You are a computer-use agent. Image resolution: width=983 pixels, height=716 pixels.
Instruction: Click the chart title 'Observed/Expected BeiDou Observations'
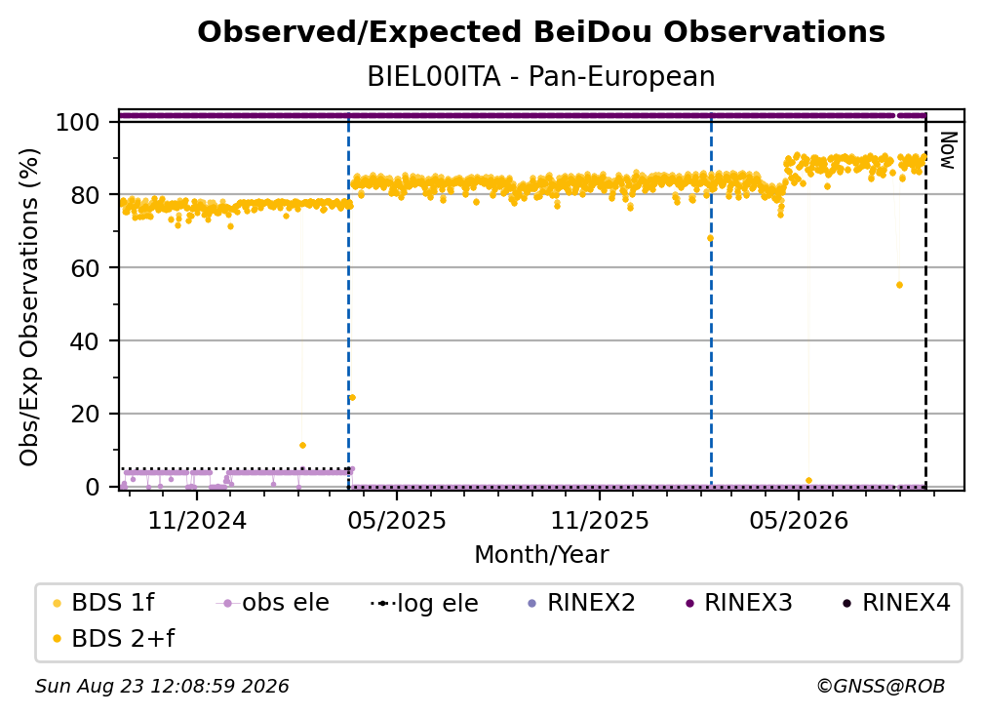541,32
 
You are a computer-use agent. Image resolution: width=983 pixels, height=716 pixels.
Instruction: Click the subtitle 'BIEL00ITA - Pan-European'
541,77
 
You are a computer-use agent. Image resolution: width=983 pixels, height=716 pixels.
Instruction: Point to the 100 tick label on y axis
78,122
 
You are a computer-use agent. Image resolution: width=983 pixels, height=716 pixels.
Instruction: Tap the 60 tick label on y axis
85,267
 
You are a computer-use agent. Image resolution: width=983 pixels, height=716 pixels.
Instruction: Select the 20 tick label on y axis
85,414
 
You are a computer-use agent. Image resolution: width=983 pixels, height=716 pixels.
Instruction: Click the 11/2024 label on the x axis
197,520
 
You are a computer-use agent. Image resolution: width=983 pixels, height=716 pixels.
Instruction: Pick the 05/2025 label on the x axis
397,520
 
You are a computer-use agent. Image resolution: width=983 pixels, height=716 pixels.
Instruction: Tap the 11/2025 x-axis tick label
600,520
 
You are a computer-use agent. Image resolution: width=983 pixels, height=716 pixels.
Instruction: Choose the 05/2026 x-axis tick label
799,520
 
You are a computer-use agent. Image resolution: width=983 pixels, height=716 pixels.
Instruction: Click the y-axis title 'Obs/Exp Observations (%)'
29,306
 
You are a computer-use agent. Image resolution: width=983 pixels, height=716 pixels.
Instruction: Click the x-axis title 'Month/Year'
541,554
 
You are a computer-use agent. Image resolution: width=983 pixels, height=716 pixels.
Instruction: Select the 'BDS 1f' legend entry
104,603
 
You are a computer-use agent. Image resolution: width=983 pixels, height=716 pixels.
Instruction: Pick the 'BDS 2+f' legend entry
114,638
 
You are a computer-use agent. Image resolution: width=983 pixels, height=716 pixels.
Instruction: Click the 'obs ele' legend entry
273,603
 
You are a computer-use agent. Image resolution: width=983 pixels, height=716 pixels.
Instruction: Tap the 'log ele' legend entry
424,603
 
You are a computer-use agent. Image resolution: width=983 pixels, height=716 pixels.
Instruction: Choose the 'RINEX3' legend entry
739,603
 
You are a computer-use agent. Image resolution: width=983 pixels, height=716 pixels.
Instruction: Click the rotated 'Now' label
948,150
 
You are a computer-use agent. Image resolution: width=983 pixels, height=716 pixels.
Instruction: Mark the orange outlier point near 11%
302,445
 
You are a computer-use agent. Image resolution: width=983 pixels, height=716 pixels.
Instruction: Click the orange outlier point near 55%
899,285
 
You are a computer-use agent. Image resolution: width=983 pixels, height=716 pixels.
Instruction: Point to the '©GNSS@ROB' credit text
881,687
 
